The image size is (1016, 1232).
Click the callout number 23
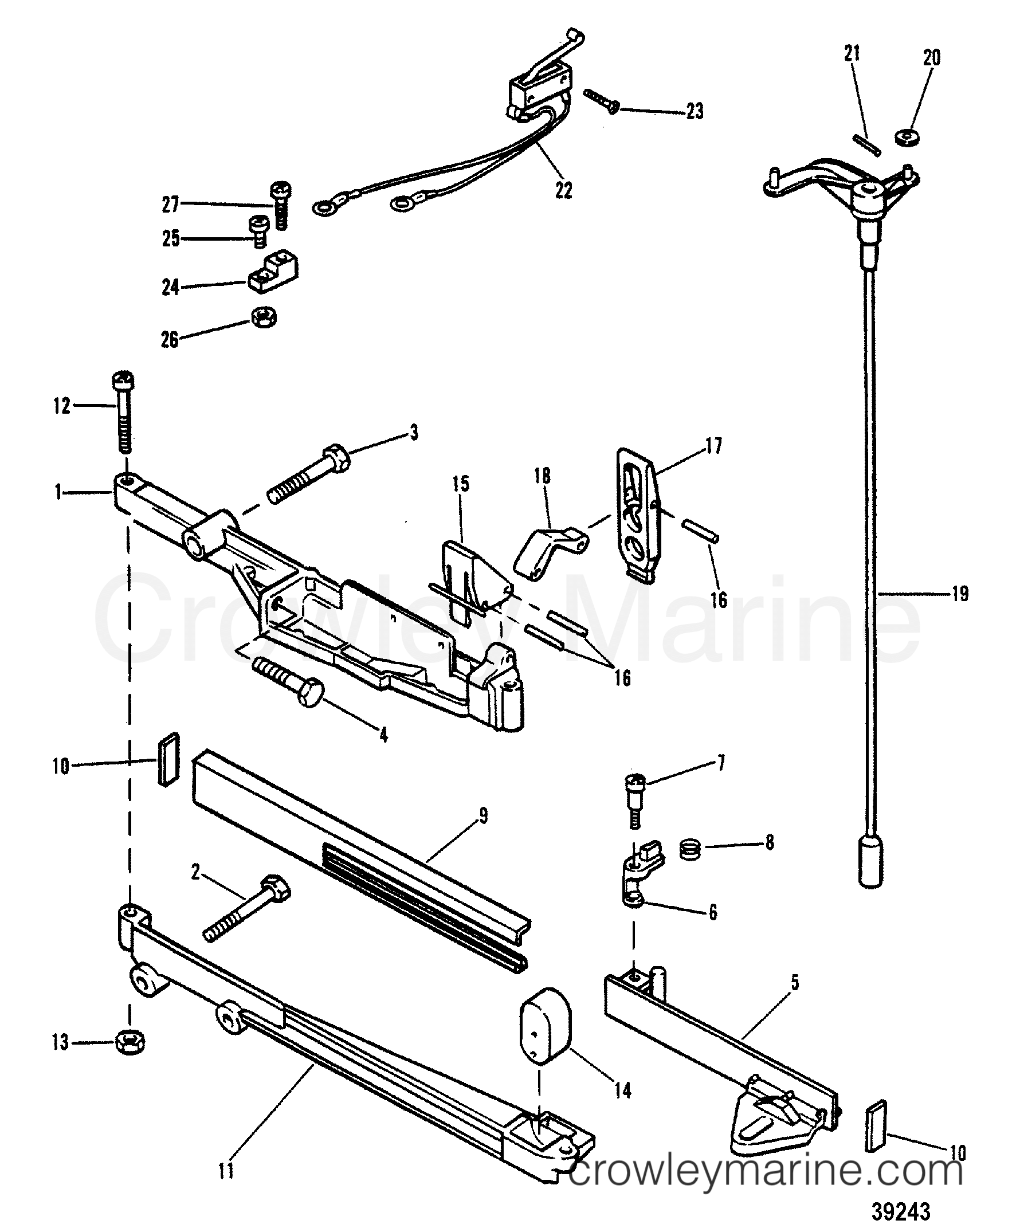pos(694,111)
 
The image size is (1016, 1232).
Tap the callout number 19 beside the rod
pos(959,594)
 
